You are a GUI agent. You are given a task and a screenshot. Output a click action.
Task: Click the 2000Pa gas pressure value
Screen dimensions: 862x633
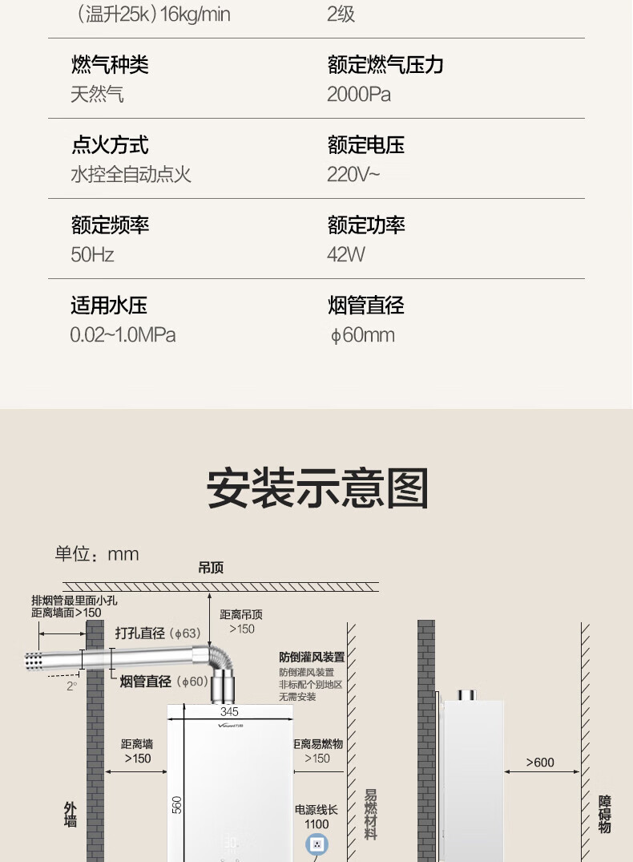(x=359, y=95)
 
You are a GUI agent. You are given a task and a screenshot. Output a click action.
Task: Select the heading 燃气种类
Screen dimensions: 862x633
(x=110, y=65)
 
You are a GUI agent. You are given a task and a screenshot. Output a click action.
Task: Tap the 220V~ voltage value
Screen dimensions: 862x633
(x=353, y=175)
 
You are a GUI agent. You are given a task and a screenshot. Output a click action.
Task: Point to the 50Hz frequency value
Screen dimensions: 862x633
(x=92, y=255)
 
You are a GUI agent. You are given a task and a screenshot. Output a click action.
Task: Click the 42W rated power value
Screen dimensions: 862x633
(x=346, y=255)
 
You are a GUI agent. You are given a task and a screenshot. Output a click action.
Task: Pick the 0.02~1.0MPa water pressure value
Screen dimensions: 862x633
(x=123, y=335)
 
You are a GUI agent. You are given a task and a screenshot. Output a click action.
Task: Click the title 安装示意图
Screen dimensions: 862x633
(x=317, y=488)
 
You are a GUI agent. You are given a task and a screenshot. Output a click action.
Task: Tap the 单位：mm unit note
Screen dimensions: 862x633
(x=97, y=554)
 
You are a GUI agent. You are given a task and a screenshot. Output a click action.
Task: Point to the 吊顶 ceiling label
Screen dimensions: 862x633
(x=211, y=568)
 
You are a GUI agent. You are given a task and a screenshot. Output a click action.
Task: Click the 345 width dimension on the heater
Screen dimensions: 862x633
(x=229, y=711)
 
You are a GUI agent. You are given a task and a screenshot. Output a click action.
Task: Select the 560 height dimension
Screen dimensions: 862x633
(x=177, y=804)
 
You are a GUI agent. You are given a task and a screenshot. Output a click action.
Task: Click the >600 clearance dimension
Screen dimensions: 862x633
(x=539, y=763)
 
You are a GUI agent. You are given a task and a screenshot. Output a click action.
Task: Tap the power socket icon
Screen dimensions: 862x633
(x=316, y=844)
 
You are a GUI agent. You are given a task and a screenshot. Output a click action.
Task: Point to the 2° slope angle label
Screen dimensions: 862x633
(x=72, y=686)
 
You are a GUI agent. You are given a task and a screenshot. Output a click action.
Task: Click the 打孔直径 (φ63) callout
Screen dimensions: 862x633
(x=158, y=633)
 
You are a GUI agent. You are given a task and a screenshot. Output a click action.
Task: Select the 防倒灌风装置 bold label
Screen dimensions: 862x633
(x=312, y=657)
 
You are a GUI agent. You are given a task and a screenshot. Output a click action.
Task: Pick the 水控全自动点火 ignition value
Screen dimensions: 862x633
(x=131, y=175)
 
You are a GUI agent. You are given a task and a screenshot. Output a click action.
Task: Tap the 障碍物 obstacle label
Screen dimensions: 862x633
(x=605, y=814)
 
